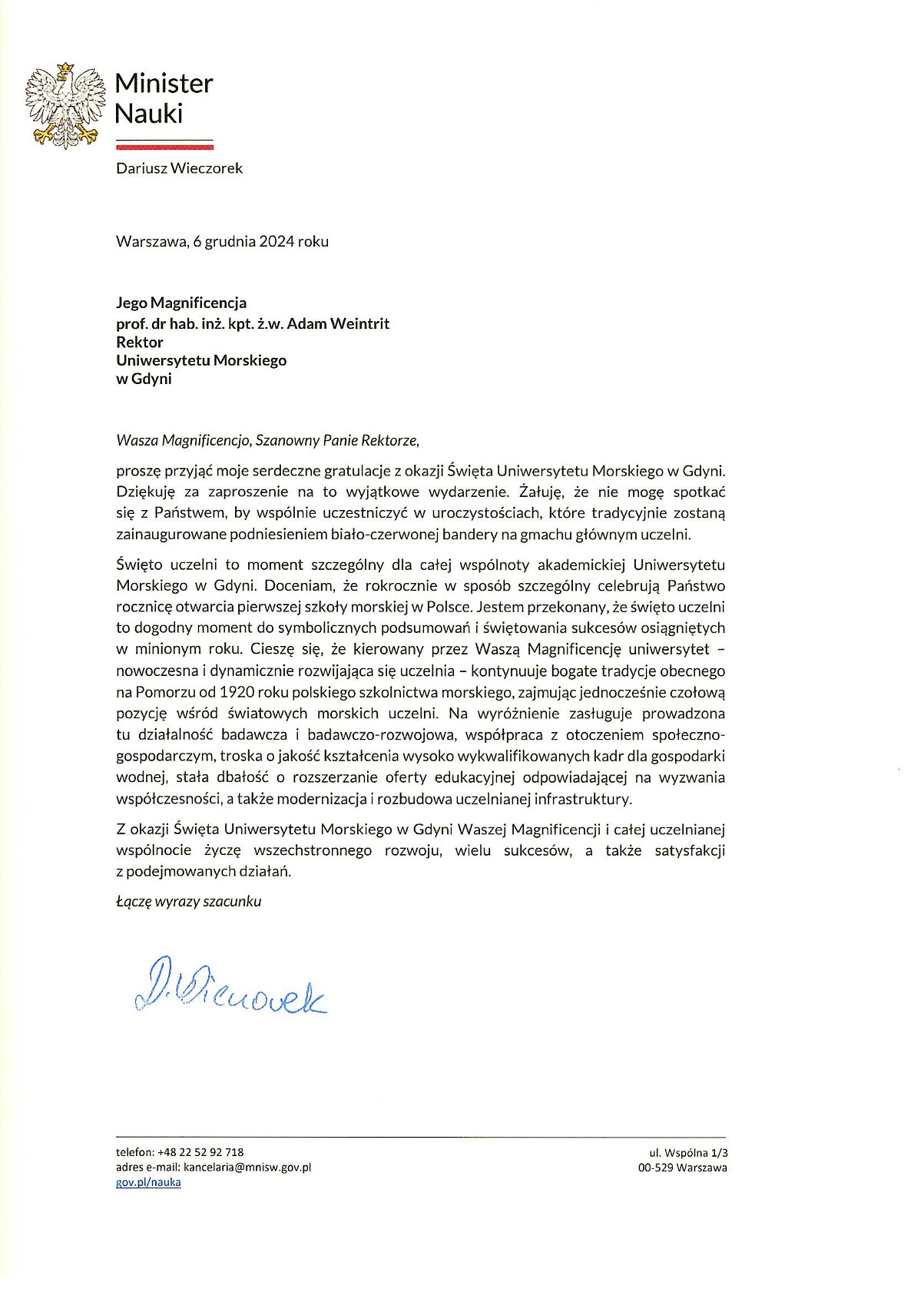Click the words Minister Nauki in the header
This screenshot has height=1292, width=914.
point(163,98)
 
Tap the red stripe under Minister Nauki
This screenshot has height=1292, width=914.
point(164,145)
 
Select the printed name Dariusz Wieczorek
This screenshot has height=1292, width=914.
point(179,168)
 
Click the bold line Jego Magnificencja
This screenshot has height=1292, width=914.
point(181,303)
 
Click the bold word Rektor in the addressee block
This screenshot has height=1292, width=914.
point(140,342)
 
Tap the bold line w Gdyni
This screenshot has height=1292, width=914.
point(144,379)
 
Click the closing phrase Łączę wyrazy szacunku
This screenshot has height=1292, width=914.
point(189,902)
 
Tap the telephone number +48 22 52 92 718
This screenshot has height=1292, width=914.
point(200,1152)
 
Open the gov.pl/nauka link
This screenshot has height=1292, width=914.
point(148,1182)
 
